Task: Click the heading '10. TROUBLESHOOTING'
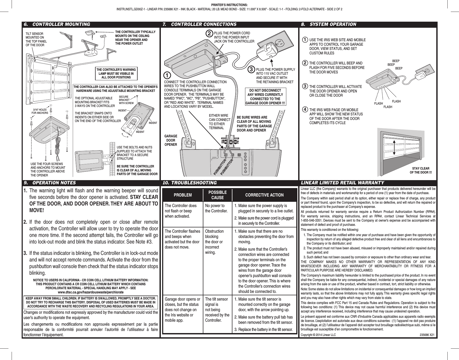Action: (190, 183)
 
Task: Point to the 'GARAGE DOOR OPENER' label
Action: (171, 140)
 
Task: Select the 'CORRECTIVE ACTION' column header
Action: (264, 195)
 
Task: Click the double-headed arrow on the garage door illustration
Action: (394, 149)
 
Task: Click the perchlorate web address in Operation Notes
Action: (90, 292)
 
